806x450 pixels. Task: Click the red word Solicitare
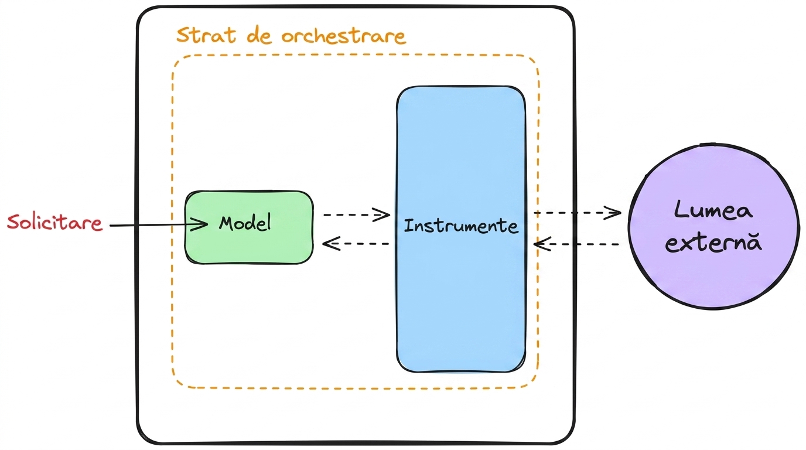point(54,223)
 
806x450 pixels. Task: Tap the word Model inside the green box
point(245,223)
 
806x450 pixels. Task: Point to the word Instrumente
point(461,226)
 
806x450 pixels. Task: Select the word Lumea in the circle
point(713,210)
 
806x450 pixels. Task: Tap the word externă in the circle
point(713,242)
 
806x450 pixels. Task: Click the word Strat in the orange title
point(206,35)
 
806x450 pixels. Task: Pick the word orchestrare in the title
point(344,36)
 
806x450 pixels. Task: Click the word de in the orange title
point(259,36)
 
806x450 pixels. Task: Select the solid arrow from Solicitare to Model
point(159,225)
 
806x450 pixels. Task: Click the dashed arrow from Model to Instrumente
point(357,214)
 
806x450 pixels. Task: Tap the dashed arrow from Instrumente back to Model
point(356,244)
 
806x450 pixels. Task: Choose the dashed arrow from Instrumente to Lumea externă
point(577,213)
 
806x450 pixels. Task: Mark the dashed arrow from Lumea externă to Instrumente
point(576,244)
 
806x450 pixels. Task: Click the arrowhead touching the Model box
point(200,224)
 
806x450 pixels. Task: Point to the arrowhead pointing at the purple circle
point(613,213)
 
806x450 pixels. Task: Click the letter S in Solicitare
point(13,222)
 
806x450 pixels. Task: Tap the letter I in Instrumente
point(407,226)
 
